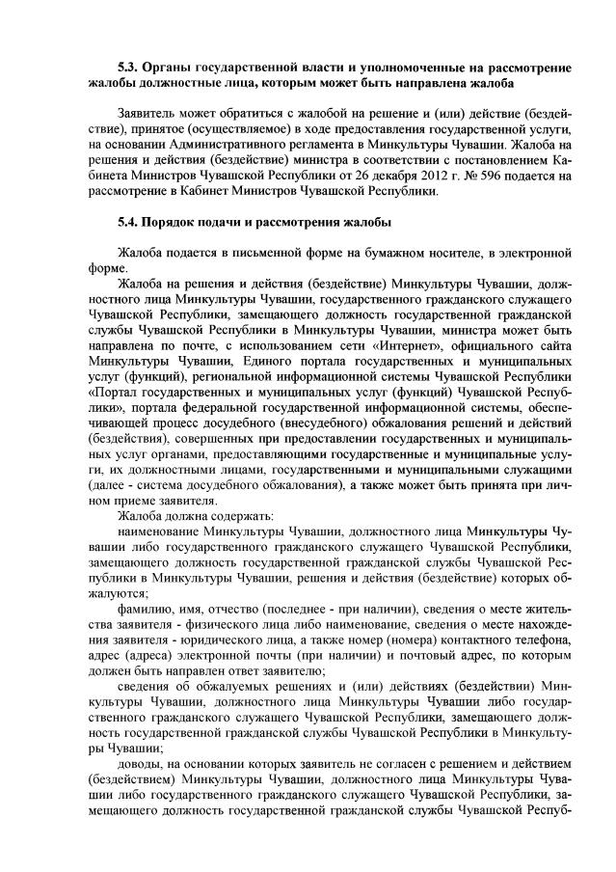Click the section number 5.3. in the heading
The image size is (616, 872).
(128, 68)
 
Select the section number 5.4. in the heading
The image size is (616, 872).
(128, 221)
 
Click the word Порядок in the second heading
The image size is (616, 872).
(174, 221)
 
